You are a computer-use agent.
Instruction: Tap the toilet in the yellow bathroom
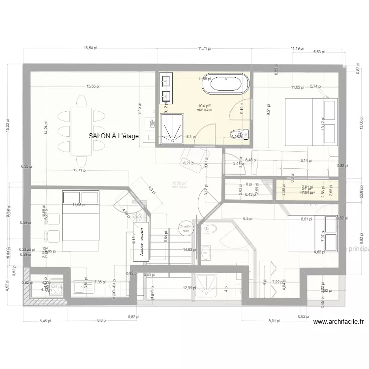241,134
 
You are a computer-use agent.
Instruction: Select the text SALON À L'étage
114,136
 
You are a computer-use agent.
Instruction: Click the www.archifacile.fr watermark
338,322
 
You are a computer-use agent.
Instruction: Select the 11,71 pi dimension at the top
204,48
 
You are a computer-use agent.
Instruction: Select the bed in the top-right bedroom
312,122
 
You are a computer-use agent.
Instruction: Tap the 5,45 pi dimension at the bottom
45,321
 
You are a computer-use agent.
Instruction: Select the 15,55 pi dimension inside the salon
92,86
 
